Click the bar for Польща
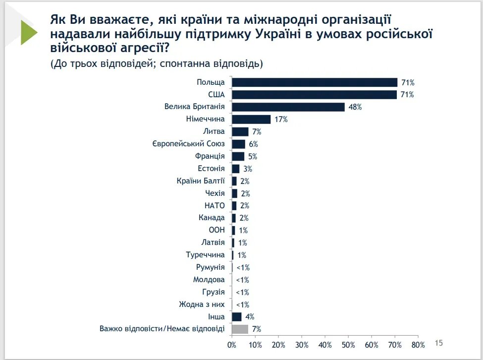click(315, 82)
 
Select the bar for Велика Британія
click(288, 107)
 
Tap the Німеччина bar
click(251, 120)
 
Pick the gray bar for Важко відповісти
click(240, 329)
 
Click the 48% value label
click(355, 107)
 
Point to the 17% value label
click(281, 120)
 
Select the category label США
click(216, 94)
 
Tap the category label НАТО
click(215, 206)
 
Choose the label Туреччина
click(206, 255)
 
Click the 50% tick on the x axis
click(348, 345)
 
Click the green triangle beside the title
click(28, 32)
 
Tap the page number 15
click(438, 342)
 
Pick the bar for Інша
click(237, 317)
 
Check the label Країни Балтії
click(201, 181)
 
